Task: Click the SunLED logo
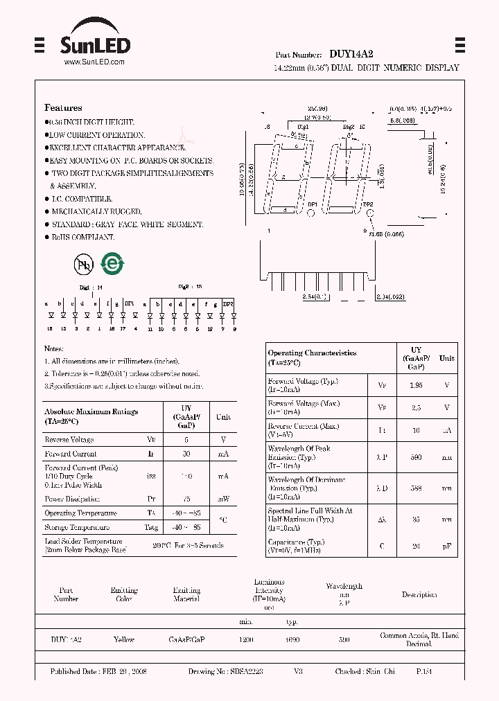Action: coord(94,46)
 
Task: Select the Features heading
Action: coord(63,108)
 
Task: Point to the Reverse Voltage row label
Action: coord(69,440)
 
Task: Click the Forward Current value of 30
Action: coord(186,454)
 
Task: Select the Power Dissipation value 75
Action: coord(186,498)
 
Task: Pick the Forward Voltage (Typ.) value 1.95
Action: coord(417,384)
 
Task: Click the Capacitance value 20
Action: coord(417,546)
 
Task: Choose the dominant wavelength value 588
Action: coord(417,488)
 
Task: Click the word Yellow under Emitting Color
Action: coord(124,640)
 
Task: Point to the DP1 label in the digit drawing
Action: coord(313,205)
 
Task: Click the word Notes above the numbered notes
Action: coord(54,348)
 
